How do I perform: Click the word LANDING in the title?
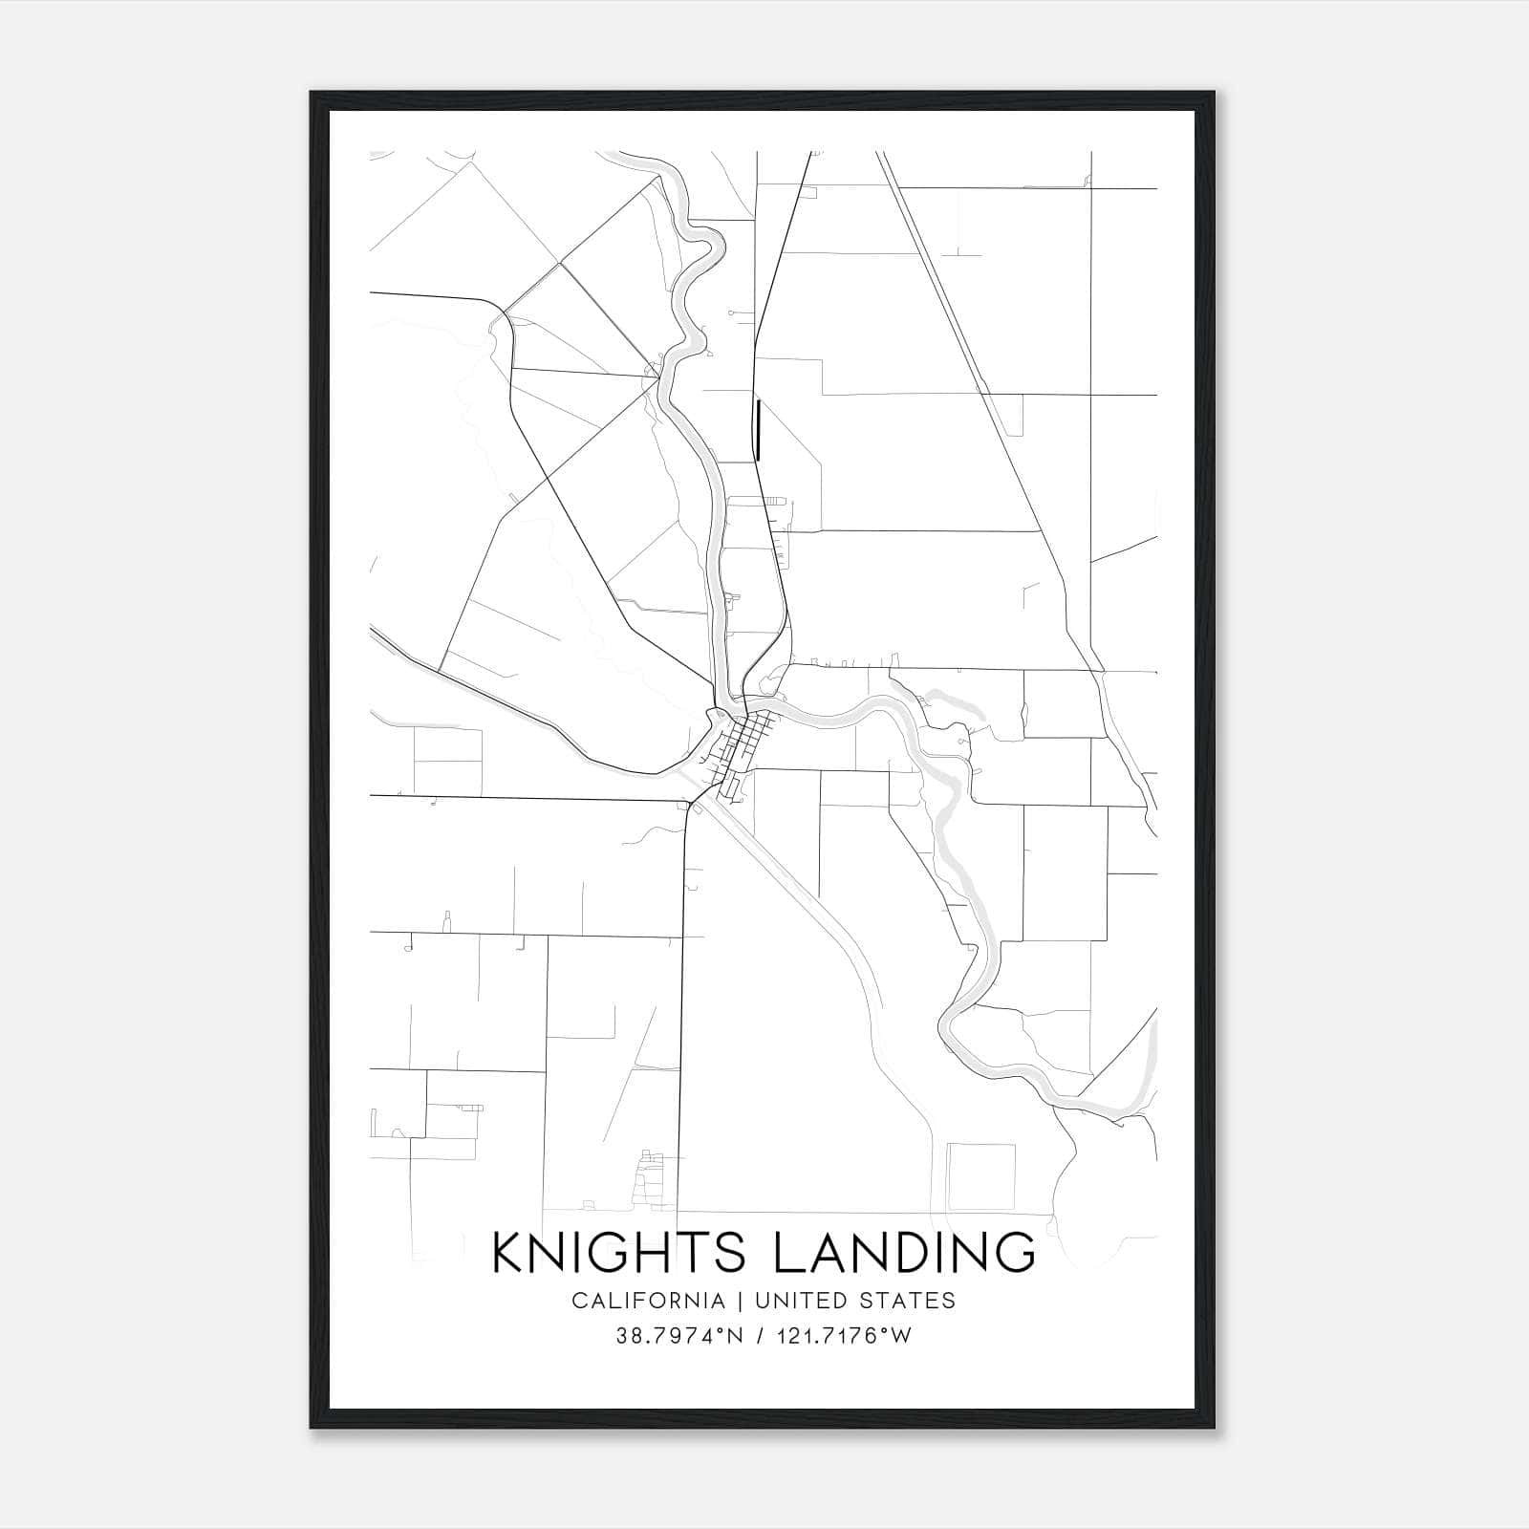(904, 1253)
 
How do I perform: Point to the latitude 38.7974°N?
(679, 1336)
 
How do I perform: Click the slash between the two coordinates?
(761, 1336)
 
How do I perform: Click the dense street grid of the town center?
(746, 742)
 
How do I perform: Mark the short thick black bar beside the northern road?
(758, 429)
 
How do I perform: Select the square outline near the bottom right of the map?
(980, 1176)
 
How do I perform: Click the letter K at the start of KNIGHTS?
(507, 1253)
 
